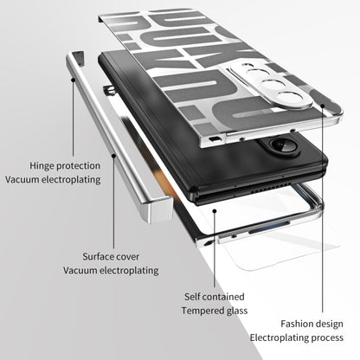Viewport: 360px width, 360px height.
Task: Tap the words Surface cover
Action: coord(111,257)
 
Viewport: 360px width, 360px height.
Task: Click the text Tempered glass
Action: coord(215,311)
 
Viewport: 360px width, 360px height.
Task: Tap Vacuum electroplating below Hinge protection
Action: coord(53,179)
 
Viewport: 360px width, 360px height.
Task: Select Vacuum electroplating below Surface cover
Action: coord(111,271)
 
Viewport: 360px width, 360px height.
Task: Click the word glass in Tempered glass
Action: coord(235,311)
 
